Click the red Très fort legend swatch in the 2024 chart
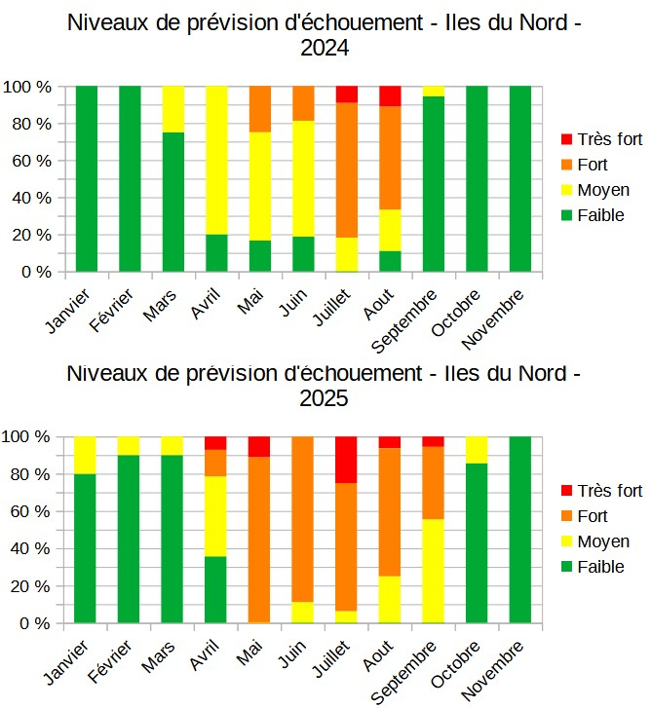click(x=568, y=139)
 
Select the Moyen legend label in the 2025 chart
click(x=604, y=541)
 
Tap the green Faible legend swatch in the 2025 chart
click(x=568, y=567)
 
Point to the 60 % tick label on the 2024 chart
click(x=30, y=161)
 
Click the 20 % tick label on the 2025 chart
click(x=30, y=586)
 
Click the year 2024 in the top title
click(x=325, y=48)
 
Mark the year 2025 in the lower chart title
click(x=325, y=398)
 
